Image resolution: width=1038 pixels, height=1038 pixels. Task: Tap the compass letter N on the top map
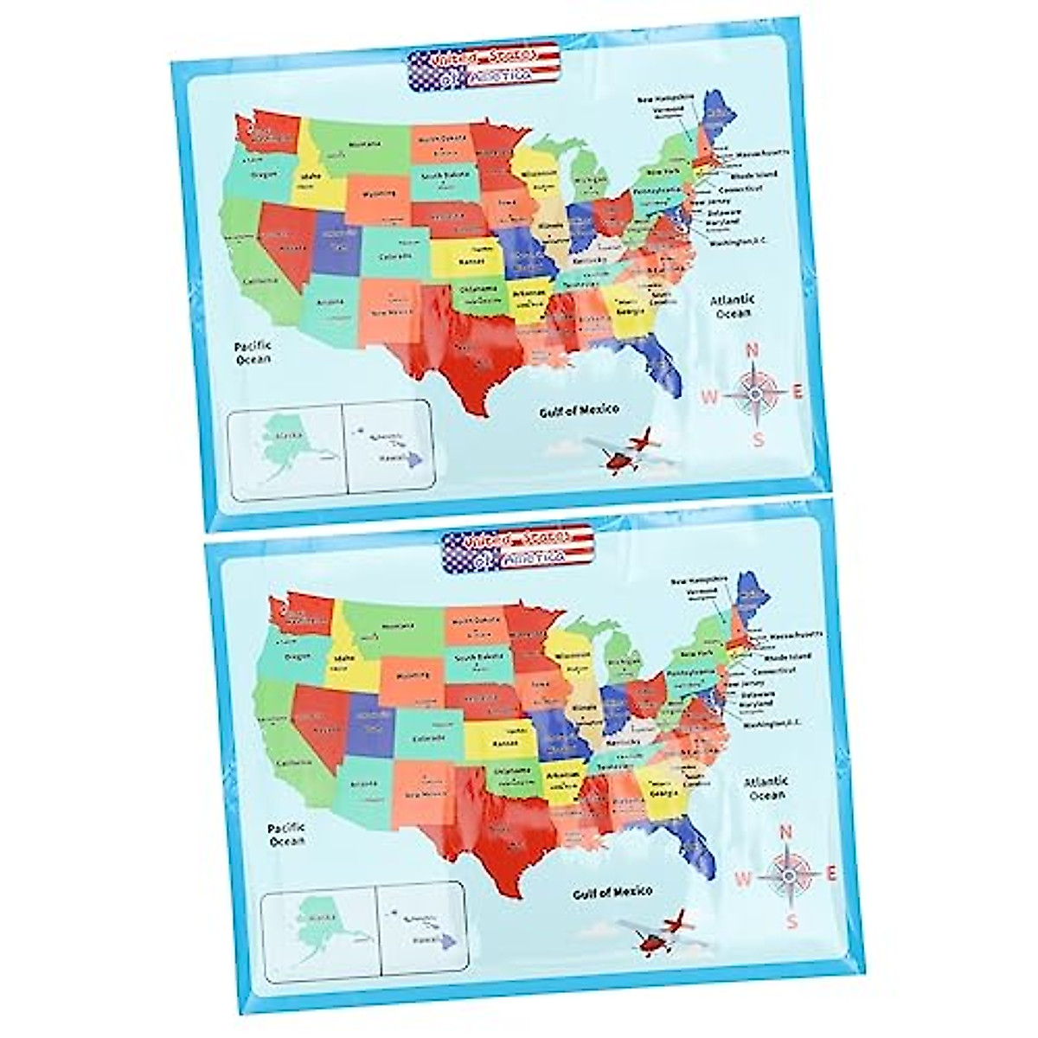tap(752, 350)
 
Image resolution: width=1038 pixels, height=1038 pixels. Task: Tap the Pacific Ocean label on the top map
tap(253, 352)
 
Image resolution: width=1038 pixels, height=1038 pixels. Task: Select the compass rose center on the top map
tap(754, 394)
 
